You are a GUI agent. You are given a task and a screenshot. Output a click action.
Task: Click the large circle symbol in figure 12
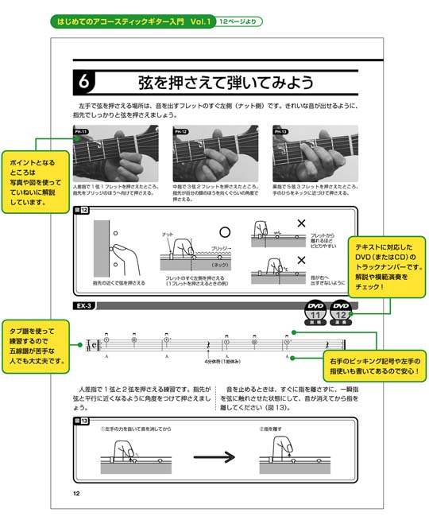click(x=224, y=231)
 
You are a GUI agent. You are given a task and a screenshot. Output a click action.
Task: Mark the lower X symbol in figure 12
click(x=300, y=260)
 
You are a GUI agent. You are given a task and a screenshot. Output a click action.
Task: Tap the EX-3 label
click(x=85, y=305)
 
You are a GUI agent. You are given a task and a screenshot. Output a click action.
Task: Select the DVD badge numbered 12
click(x=342, y=311)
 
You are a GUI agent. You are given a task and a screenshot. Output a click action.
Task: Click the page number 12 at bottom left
click(x=75, y=494)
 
